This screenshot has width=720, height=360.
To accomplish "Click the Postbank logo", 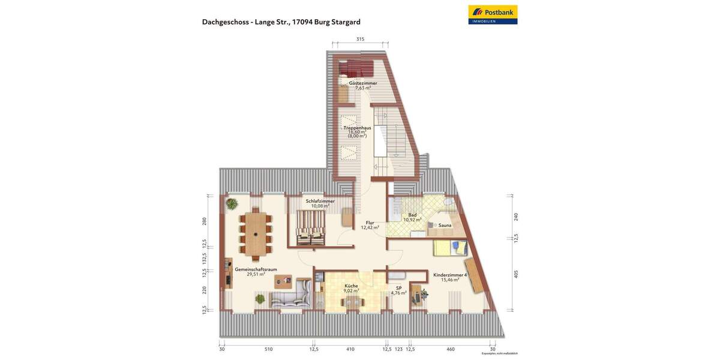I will (493, 14).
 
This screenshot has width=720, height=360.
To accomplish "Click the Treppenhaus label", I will (357, 128).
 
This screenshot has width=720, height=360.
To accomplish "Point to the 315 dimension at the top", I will (360, 39).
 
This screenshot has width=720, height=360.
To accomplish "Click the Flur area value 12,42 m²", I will (370, 228).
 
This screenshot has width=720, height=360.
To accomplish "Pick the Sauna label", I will (445, 225).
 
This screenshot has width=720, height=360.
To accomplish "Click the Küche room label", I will (351, 286).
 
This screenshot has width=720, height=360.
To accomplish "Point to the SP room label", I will (398, 288).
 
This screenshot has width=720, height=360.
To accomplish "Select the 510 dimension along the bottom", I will (268, 349).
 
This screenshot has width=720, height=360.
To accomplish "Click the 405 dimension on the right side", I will (516, 274).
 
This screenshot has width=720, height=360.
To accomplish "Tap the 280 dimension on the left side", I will (205, 221).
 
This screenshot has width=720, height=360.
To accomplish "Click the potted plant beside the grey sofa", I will (260, 298).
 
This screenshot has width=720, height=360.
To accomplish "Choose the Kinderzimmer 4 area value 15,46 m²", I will (450, 280).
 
